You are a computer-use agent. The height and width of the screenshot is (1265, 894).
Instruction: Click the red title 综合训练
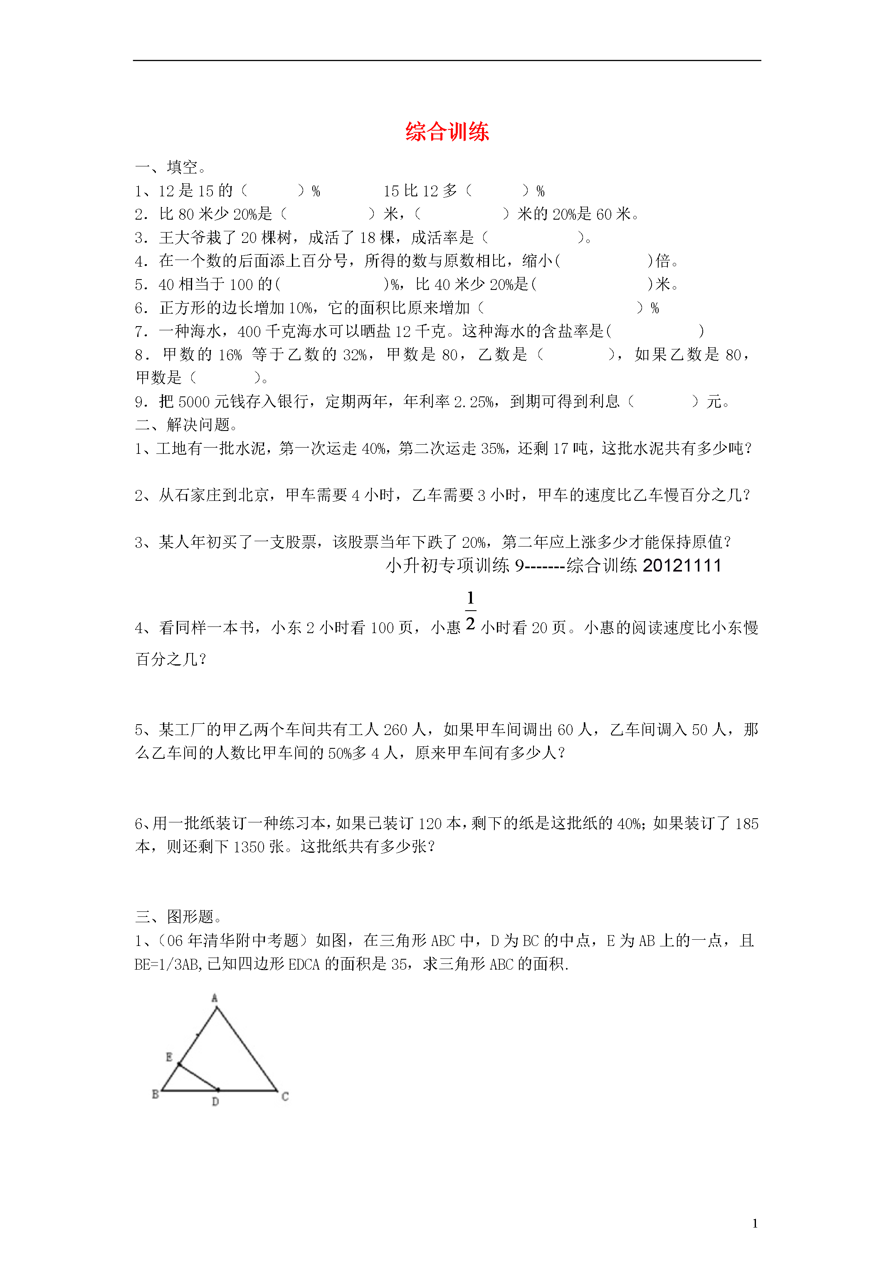[x=447, y=132]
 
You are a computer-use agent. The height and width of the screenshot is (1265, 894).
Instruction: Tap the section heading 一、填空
[x=171, y=167]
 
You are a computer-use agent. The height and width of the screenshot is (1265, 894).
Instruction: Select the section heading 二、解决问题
[x=186, y=424]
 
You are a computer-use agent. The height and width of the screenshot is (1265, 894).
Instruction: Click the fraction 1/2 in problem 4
[x=470, y=611]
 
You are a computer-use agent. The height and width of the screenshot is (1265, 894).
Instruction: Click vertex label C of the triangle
[x=285, y=1097]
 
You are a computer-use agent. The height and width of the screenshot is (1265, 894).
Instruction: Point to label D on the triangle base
[x=215, y=1102]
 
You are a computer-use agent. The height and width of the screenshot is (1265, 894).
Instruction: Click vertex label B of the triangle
[x=156, y=1094]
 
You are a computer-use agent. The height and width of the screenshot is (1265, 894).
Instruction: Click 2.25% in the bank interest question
[x=474, y=402]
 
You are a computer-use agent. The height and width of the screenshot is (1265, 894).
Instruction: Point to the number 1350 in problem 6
[x=249, y=847]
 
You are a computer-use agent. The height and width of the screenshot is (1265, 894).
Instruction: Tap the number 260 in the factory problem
[x=395, y=730]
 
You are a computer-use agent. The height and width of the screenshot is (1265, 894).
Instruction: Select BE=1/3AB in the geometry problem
[x=168, y=964]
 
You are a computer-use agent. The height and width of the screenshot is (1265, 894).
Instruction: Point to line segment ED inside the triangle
[x=199, y=1077]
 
